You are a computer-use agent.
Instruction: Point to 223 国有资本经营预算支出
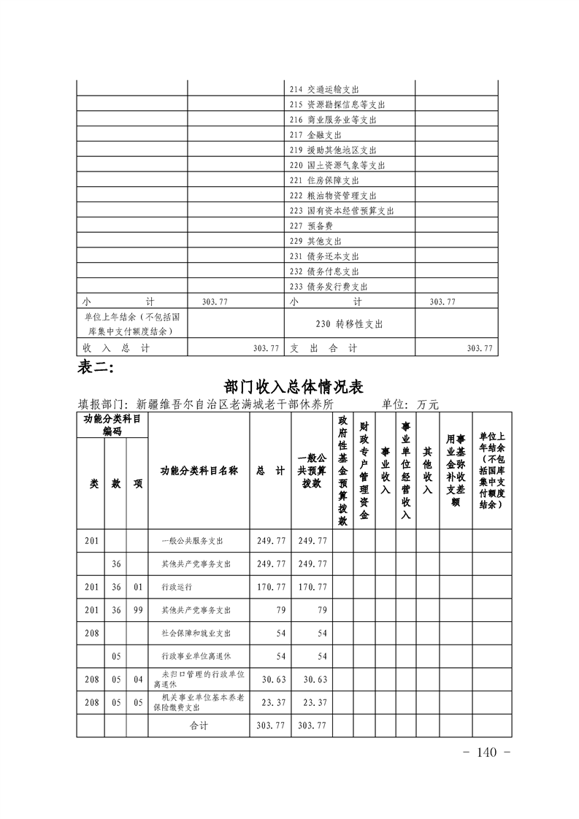coord(342,210)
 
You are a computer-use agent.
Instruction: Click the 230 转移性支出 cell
coord(350,323)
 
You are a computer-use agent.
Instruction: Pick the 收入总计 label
coord(116,349)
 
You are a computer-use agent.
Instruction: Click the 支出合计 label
coord(323,349)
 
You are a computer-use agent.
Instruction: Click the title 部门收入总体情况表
coord(295,385)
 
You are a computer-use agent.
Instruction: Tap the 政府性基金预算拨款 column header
coord(342,471)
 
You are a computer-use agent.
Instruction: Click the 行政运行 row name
coord(177,587)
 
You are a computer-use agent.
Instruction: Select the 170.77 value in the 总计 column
coord(271,587)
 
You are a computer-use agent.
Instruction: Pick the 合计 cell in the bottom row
coord(199,725)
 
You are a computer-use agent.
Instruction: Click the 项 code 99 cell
coord(137,610)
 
